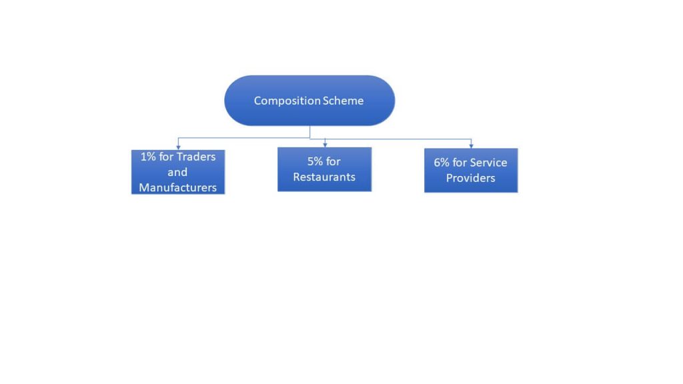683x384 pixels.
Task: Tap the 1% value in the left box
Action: [x=147, y=157]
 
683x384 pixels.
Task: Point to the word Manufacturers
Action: [x=177, y=188]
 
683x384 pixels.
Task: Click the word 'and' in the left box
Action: [x=177, y=173]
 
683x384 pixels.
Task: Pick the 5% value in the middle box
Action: [x=315, y=162]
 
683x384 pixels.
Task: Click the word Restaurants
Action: [x=324, y=177]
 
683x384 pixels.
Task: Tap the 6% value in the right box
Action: [x=442, y=163]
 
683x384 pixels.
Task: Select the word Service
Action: [x=488, y=163]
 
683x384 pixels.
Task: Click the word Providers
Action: [x=470, y=178]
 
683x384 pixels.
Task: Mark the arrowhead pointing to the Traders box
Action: [x=178, y=147]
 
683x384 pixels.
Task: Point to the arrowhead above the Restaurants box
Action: [x=325, y=144]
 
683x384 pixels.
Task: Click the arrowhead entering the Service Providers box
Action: [x=471, y=145]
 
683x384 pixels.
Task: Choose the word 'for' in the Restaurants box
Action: [x=333, y=162]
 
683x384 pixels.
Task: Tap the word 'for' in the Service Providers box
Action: [x=460, y=163]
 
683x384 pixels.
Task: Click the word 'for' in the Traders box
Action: [x=166, y=157]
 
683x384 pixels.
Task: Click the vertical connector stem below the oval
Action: [x=309, y=131]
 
